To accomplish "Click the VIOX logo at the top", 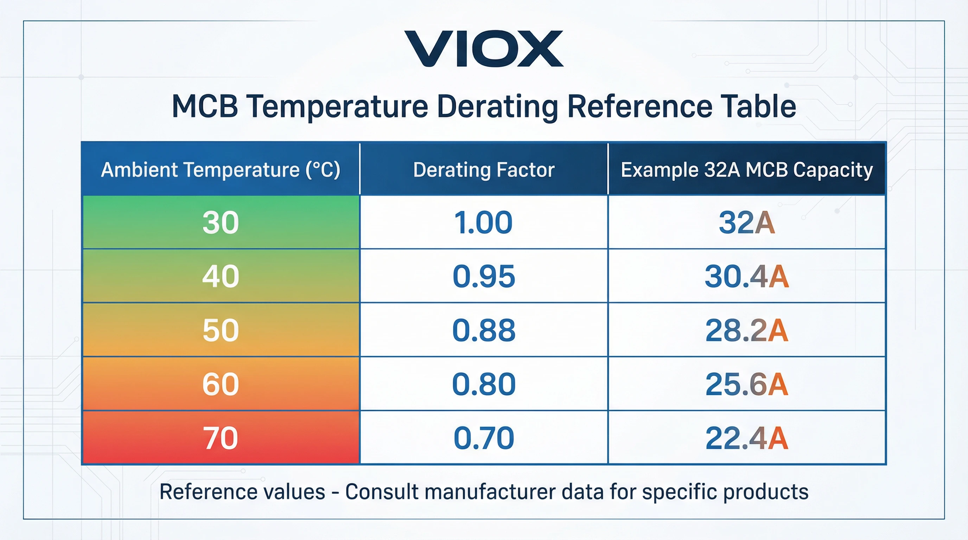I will (x=484, y=49).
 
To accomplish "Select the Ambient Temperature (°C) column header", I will (x=221, y=170).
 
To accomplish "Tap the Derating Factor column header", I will (x=484, y=170).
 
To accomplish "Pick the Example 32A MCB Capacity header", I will (x=747, y=170).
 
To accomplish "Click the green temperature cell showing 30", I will (x=221, y=222).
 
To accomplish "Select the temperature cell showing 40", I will (x=221, y=276).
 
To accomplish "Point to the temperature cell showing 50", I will (x=221, y=330).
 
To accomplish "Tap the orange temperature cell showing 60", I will (x=221, y=384).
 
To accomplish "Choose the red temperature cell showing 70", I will (x=221, y=438).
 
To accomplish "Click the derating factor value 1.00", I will (x=484, y=222).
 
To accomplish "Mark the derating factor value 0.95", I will (x=484, y=276).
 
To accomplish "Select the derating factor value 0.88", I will (x=484, y=330).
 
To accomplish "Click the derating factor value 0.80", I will (x=484, y=384).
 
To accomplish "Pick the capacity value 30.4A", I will (x=747, y=276).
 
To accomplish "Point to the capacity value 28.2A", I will (x=747, y=330).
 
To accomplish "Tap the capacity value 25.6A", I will (x=747, y=384).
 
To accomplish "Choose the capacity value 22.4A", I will (x=747, y=438).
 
